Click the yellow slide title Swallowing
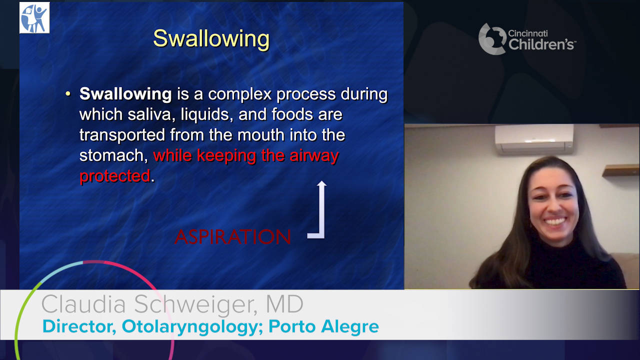tap(211, 39)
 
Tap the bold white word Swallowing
tap(125, 94)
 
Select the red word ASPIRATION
tap(232, 237)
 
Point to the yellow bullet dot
tap(67, 93)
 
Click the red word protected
tap(115, 175)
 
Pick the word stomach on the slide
tap(113, 155)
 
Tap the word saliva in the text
tap(151, 114)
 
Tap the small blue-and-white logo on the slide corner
tap(34, 17)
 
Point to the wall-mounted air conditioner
tap(534, 139)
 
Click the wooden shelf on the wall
tap(620, 170)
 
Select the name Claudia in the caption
tap(83, 304)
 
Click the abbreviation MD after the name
tap(284, 304)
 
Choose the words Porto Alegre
tap(323, 327)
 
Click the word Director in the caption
tap(79, 326)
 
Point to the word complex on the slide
tap(239, 94)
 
